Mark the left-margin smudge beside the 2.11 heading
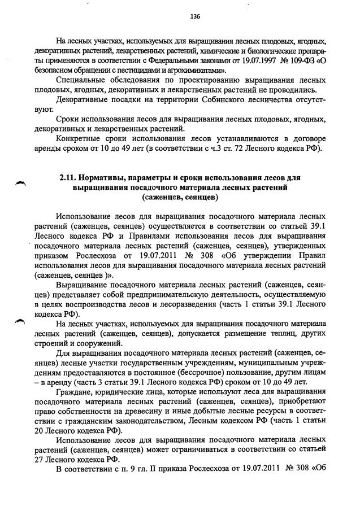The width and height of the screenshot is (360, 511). click(21, 181)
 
